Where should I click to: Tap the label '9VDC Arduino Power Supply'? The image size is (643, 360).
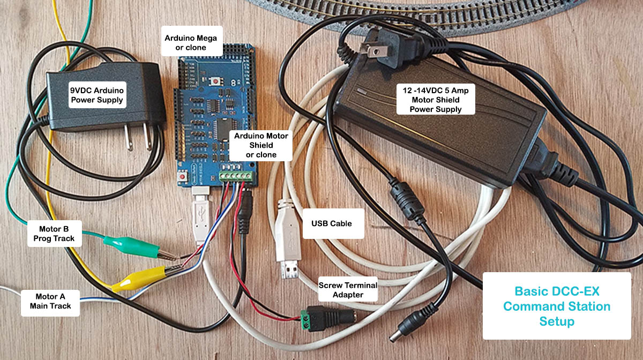(97, 95)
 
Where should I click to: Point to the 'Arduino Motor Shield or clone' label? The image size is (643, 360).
(261, 145)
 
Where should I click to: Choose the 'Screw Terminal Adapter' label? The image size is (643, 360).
(348, 290)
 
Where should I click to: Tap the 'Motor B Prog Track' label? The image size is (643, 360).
(54, 233)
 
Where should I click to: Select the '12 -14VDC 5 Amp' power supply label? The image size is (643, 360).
(436, 99)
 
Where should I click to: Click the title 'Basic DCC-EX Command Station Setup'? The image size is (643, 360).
(557, 306)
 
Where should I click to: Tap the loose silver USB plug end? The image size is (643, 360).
(288, 270)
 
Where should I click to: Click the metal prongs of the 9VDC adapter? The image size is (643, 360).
(137, 138)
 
